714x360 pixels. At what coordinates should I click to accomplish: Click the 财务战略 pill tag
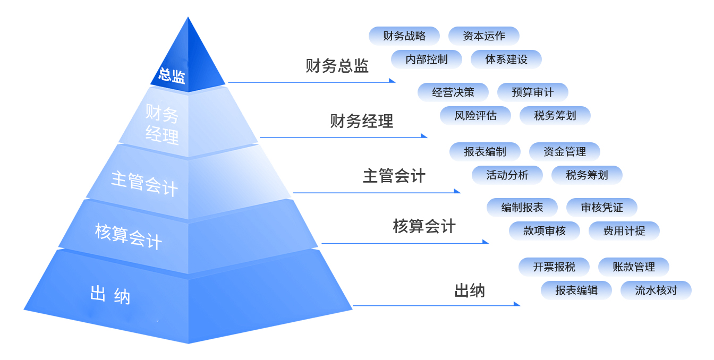tap(404, 36)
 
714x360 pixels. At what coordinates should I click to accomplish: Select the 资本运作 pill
tap(483, 36)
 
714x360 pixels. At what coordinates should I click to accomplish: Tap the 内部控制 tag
tap(427, 59)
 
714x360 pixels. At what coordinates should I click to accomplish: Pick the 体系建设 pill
tap(506, 59)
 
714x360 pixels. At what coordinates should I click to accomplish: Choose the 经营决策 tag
tap(453, 92)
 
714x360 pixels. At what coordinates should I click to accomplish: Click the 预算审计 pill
tap(532, 92)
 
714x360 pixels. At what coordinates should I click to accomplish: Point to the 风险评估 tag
tap(475, 116)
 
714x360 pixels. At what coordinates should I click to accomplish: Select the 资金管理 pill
tap(564, 152)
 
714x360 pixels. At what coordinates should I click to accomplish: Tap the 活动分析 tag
tap(507, 175)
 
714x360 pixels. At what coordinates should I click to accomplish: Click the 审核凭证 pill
tap(601, 208)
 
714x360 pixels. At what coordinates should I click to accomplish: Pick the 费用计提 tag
tap(624, 231)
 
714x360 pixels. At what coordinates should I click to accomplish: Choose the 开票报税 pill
tap(554, 267)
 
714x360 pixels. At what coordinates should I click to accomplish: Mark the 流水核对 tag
tap(656, 290)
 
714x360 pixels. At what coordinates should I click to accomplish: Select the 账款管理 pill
tap(633, 267)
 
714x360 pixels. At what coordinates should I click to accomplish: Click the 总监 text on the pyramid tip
tap(172, 76)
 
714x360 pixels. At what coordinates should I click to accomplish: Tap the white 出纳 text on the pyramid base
tap(110, 295)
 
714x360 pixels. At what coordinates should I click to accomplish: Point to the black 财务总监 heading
tap(337, 66)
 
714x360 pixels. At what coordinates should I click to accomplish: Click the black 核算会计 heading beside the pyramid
tap(424, 226)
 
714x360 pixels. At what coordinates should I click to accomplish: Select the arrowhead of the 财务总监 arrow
tap(393, 81)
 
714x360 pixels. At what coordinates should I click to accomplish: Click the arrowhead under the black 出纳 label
tap(517, 304)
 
